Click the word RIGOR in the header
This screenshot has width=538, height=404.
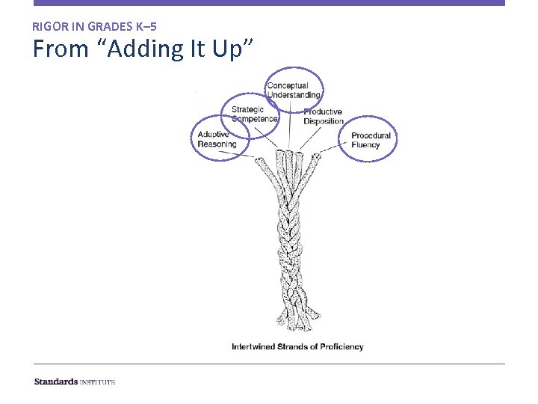click(x=49, y=26)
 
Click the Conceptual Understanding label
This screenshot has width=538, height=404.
click(x=294, y=91)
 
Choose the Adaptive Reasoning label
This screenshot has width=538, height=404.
click(x=217, y=139)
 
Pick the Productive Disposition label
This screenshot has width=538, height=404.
click(x=323, y=117)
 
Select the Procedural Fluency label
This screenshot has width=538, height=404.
click(x=371, y=140)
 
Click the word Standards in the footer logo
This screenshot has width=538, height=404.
click(x=55, y=382)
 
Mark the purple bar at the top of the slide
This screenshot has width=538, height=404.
click(x=269, y=3)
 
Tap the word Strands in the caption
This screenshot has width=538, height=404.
click(x=297, y=346)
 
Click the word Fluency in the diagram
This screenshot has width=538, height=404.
click(x=365, y=144)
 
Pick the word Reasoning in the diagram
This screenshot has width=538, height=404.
click(x=217, y=144)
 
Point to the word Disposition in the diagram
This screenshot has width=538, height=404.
click(x=324, y=121)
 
